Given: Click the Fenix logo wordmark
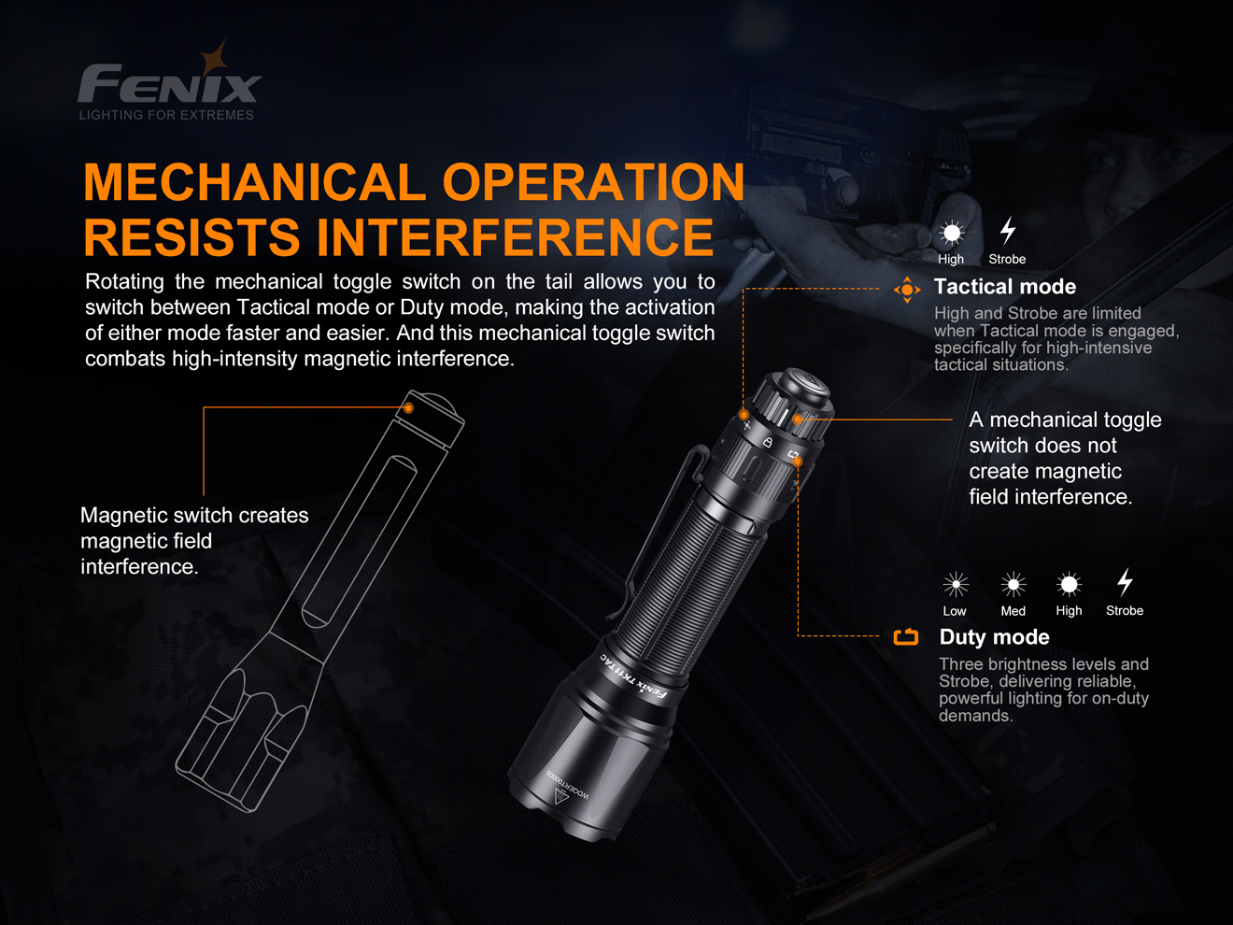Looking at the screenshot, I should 169,84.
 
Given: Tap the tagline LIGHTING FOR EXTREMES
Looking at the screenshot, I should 166,115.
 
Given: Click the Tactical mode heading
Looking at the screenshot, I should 1004,287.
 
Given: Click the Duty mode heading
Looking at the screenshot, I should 994,637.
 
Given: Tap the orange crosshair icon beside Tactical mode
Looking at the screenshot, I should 906,290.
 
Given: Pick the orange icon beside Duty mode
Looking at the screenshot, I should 905,637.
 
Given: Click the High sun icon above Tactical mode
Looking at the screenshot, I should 951,233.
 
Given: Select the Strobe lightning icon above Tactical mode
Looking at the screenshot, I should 1007,230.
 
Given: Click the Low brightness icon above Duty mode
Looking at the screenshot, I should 955,585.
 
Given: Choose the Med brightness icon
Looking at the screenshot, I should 1013,585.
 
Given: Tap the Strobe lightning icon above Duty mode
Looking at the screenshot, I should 1125,583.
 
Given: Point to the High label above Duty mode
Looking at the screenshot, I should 1069,611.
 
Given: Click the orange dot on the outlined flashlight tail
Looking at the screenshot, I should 408,408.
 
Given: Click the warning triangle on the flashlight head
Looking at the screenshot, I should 561,797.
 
